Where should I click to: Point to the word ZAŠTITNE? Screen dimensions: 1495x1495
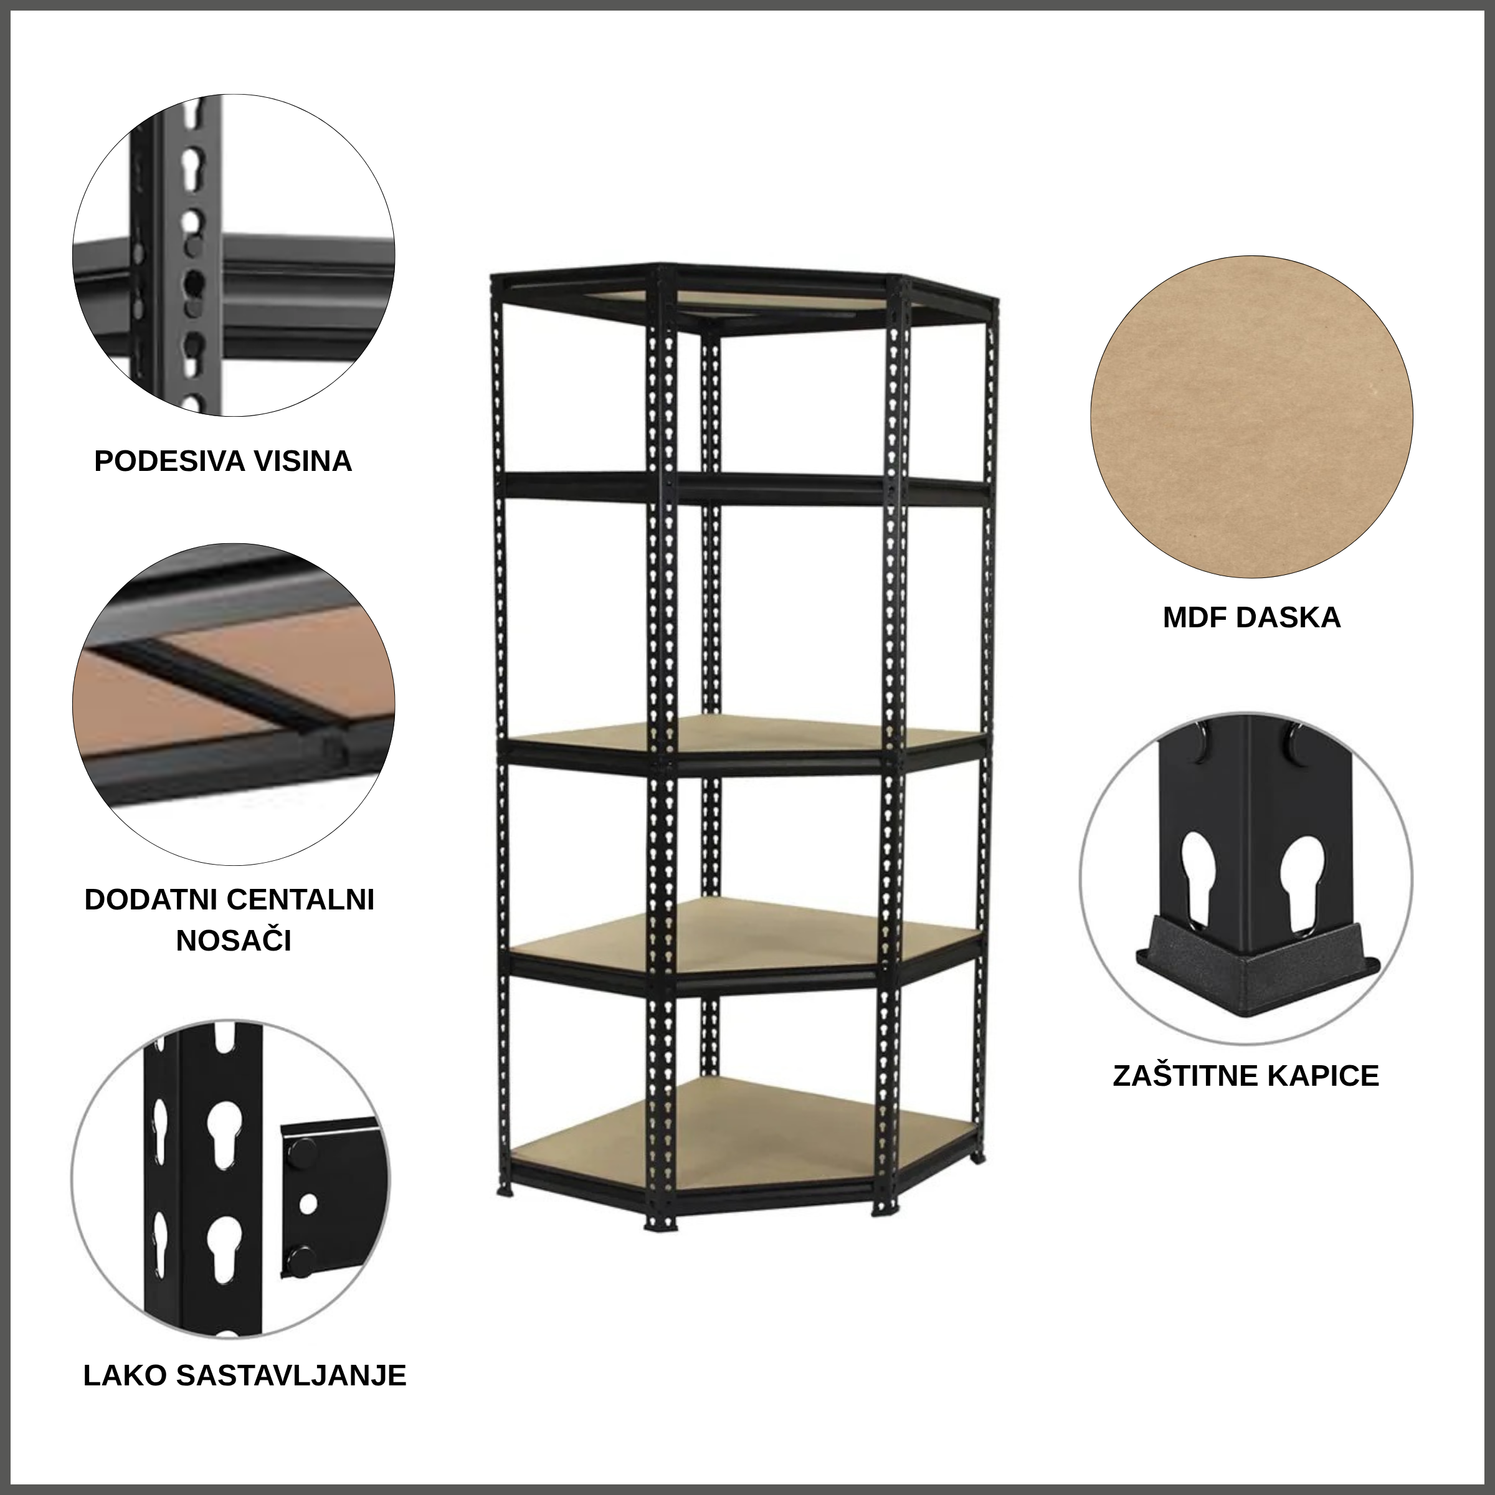1185,1076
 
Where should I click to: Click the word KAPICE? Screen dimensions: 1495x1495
1324,1076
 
